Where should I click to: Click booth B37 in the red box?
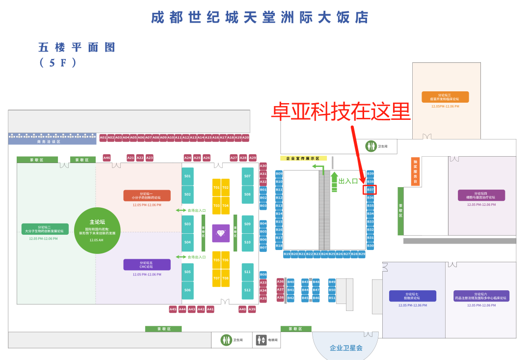[x=370, y=190]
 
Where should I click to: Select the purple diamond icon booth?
[x=221, y=233]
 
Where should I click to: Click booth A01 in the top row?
[x=103, y=138]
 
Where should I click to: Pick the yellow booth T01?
[x=216, y=187]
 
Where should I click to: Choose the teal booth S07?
[x=247, y=176]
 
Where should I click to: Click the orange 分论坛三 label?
[x=445, y=97]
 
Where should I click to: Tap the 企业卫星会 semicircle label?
[x=346, y=348]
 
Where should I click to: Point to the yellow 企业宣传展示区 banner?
[x=303, y=159]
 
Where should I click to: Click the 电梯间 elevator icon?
[x=262, y=340]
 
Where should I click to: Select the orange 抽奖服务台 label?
[x=415, y=171]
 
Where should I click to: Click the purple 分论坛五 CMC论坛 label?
[x=147, y=265]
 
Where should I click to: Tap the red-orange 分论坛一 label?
[x=147, y=195]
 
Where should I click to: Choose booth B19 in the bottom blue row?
[x=287, y=254]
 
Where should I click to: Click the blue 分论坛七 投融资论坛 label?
[x=412, y=296]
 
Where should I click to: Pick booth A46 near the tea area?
[x=106, y=158]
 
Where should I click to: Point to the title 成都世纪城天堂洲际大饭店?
[x=260, y=18]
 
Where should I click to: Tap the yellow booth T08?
[x=225, y=278]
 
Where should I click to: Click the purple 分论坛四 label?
[x=481, y=195]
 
